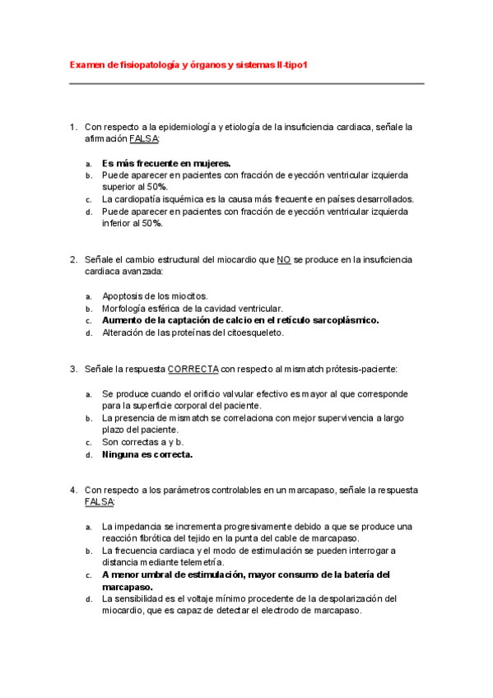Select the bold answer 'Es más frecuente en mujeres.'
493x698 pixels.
tap(166, 163)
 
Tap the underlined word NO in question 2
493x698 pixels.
tap(284, 259)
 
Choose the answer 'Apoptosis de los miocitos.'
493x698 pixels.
tap(155, 296)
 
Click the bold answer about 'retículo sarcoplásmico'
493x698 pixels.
tap(240, 320)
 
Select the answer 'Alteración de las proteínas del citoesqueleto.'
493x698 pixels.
tap(193, 333)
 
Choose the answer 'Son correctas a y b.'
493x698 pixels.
tap(142, 442)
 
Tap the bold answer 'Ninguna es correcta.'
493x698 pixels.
tap(147, 454)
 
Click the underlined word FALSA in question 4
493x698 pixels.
tap(100, 502)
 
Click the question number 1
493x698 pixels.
tap(73, 128)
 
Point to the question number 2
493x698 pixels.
tap(73, 259)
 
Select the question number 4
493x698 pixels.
tap(73, 490)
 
